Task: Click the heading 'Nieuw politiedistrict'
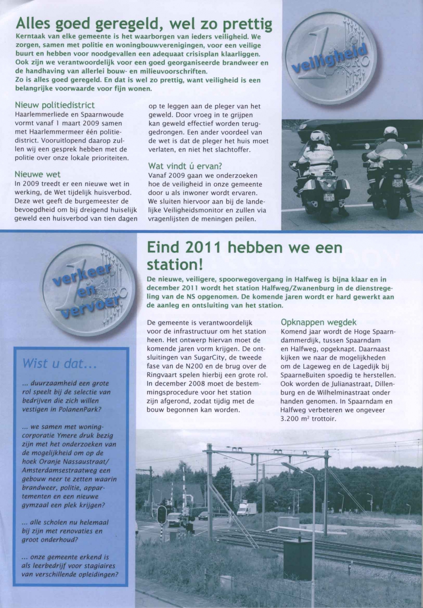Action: tap(55, 105)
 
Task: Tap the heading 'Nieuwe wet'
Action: tap(37, 174)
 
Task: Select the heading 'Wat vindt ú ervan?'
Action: tap(185, 166)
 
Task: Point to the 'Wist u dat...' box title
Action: tap(60, 364)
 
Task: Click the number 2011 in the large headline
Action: tap(203, 247)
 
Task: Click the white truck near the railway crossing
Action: tap(247, 510)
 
